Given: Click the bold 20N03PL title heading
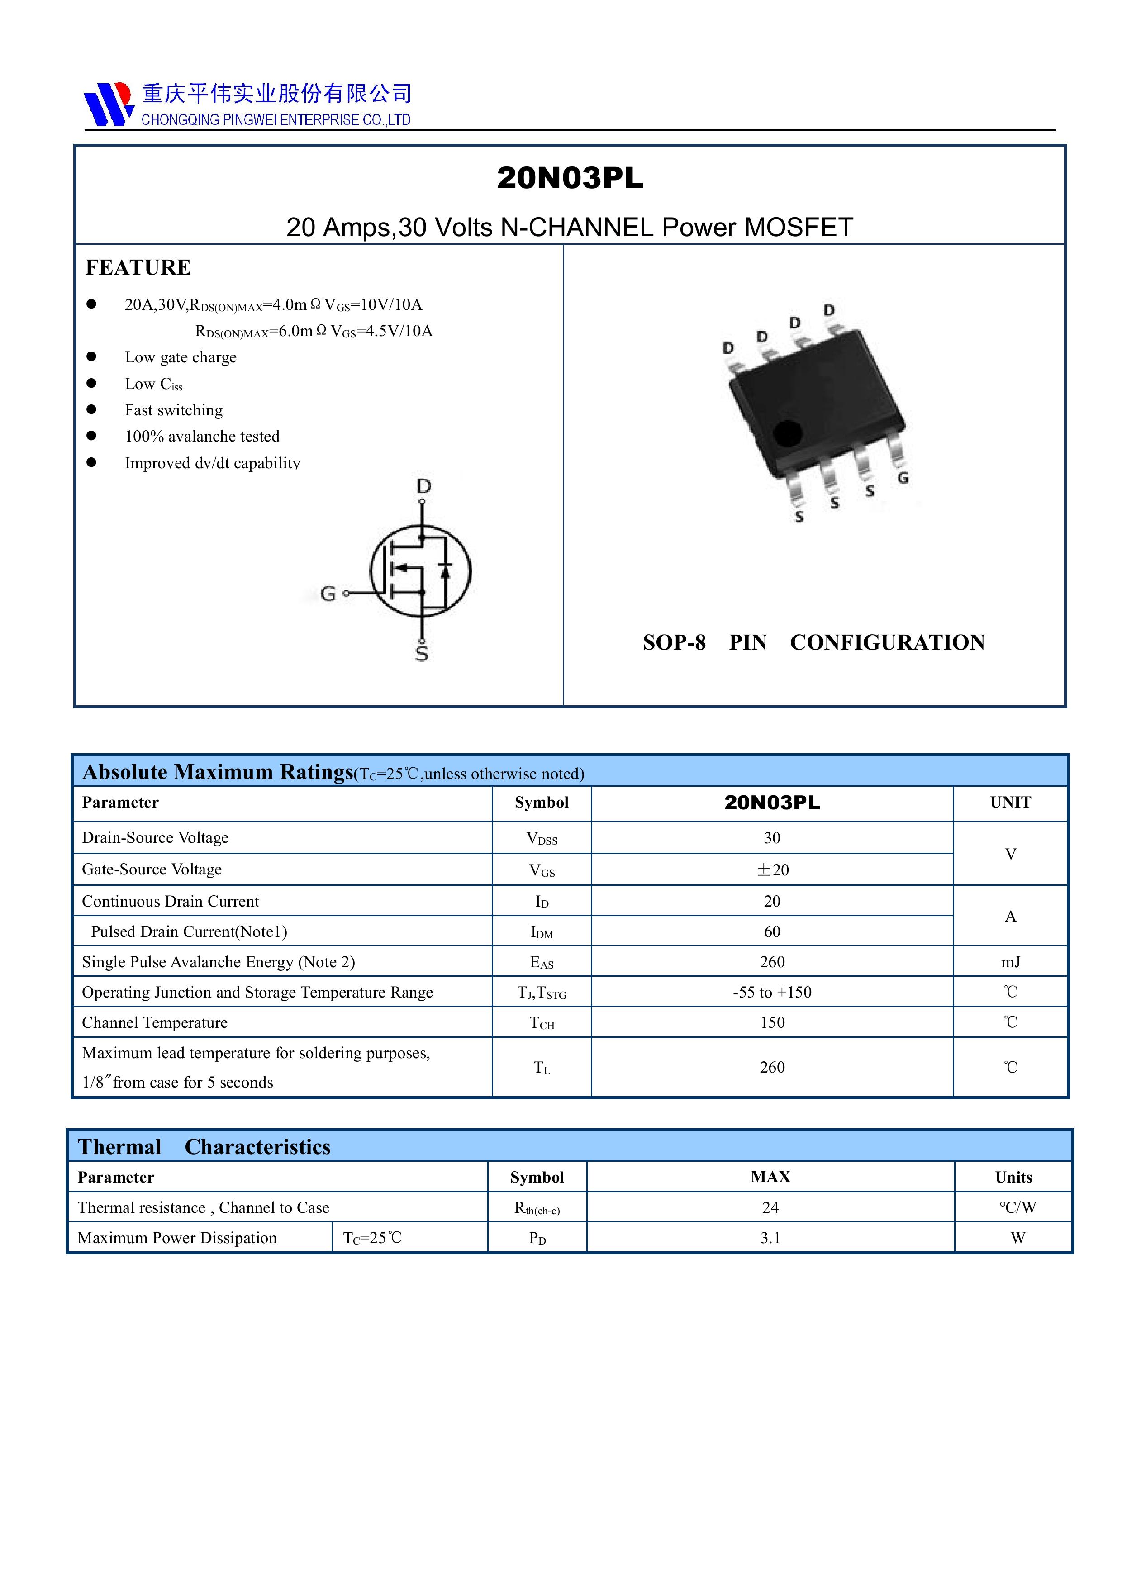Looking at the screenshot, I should point(570,178).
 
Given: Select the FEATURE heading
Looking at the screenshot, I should point(138,267).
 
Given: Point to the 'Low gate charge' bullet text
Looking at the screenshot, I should point(181,357).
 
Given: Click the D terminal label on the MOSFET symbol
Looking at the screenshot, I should point(424,487).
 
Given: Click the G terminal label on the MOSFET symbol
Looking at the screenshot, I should point(328,593).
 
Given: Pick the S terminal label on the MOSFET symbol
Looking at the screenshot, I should point(422,653).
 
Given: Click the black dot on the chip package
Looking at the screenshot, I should point(787,433).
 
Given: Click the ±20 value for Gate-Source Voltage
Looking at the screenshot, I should point(772,870).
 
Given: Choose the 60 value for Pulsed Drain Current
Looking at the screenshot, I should point(772,932).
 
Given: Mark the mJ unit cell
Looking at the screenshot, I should point(1010,962).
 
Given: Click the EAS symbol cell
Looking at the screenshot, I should point(541,962).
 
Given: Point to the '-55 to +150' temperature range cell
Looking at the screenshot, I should point(772,993).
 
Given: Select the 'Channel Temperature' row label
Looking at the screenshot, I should point(155,1023).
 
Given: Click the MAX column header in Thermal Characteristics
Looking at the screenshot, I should point(770,1177).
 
